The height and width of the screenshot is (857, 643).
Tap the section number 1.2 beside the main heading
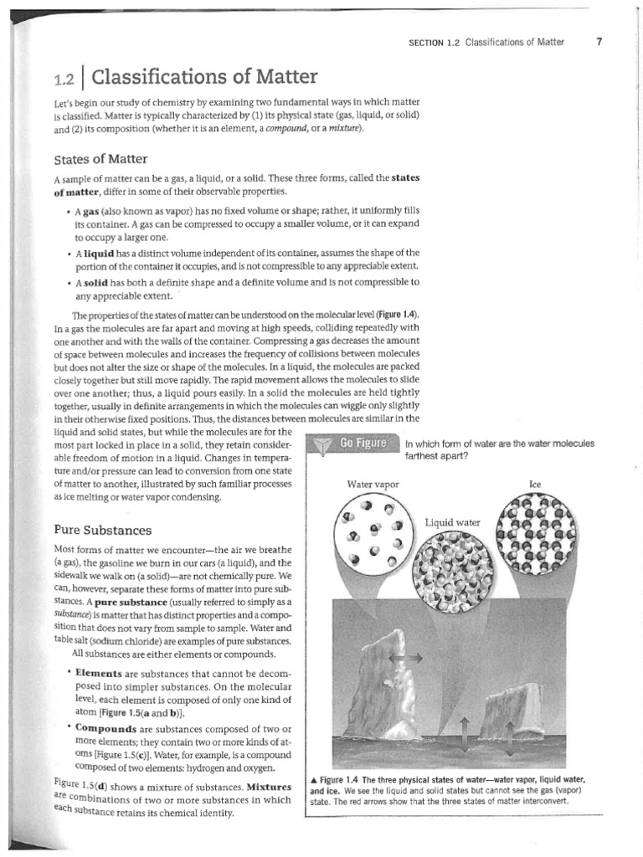point(64,80)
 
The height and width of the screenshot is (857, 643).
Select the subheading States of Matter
point(101,159)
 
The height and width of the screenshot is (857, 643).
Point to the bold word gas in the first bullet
point(91,212)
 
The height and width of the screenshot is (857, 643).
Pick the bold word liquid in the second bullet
point(99,253)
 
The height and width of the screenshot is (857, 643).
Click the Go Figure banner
point(362,444)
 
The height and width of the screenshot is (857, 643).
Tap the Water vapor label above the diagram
point(373,484)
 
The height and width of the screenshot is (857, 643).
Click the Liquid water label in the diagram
point(452,522)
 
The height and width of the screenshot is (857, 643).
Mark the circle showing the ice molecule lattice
point(537,536)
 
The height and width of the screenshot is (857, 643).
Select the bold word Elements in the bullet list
point(99,673)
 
